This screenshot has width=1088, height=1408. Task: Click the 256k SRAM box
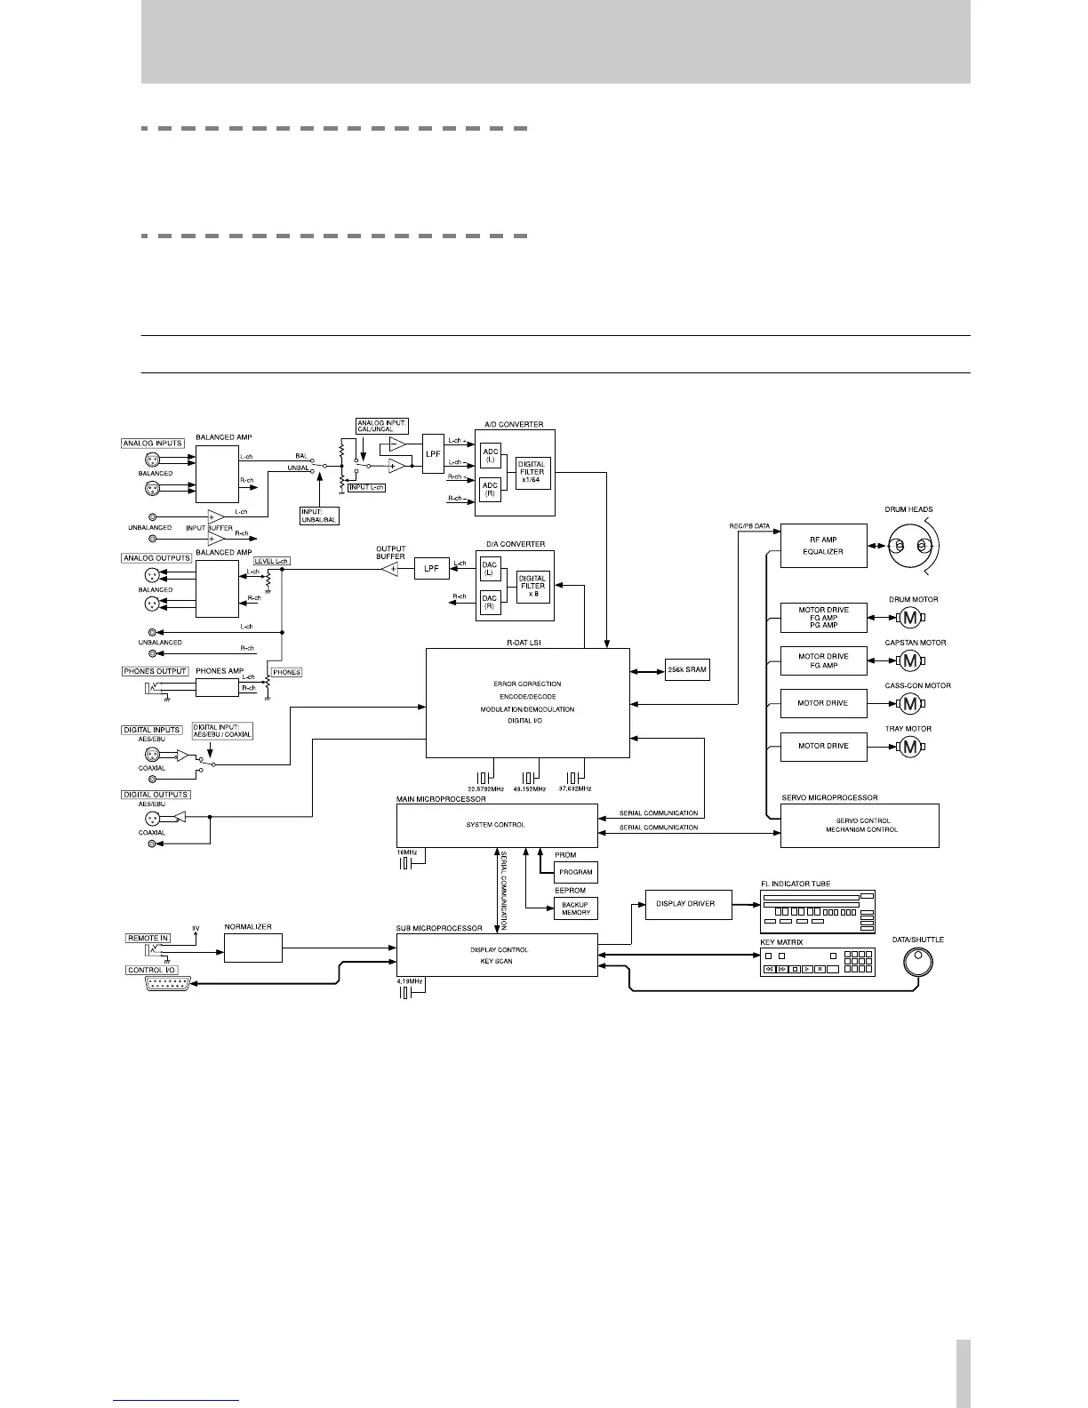(x=687, y=670)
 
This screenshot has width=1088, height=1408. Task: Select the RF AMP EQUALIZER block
(x=822, y=545)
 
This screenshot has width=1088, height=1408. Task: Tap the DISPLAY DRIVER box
(x=687, y=904)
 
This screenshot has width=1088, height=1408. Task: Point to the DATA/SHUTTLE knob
(x=917, y=962)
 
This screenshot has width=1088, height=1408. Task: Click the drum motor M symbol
(x=909, y=617)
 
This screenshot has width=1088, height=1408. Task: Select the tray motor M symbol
(x=909, y=747)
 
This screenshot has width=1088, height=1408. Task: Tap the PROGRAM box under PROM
(x=575, y=872)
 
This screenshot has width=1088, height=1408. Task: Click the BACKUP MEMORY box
(x=575, y=908)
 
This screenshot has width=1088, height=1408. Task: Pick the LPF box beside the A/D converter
(x=433, y=454)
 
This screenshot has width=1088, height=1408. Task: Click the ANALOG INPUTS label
(x=153, y=443)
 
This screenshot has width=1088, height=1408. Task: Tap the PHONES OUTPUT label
(x=156, y=671)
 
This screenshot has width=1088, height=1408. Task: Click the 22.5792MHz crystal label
(x=485, y=788)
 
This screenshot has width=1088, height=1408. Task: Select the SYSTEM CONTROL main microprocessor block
(x=496, y=825)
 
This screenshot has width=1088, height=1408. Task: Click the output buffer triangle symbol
(x=389, y=569)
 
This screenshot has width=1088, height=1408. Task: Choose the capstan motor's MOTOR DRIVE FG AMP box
(x=822, y=660)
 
